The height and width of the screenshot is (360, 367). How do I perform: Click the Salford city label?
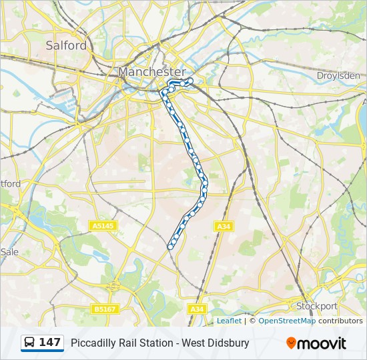coord(66,45)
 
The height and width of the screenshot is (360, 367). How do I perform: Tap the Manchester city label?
coord(152,71)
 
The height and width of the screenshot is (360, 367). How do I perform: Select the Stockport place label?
coord(317,306)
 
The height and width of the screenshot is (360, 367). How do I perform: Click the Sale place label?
coord(9,252)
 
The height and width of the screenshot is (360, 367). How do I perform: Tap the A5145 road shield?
coord(103,227)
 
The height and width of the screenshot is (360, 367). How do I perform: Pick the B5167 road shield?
coord(104,309)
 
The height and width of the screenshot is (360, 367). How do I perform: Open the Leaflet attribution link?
coord(229,321)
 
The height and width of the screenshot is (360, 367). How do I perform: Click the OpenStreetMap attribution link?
coord(287,321)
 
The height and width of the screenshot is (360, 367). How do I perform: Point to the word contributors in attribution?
coord(340,321)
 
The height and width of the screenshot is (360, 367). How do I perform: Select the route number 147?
coord(50,343)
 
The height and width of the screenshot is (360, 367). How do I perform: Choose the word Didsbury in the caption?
coord(228,343)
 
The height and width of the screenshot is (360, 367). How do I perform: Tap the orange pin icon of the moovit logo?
coord(291,343)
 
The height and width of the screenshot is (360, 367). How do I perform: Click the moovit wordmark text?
coord(322,343)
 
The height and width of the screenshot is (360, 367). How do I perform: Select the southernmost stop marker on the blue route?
coord(170,247)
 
